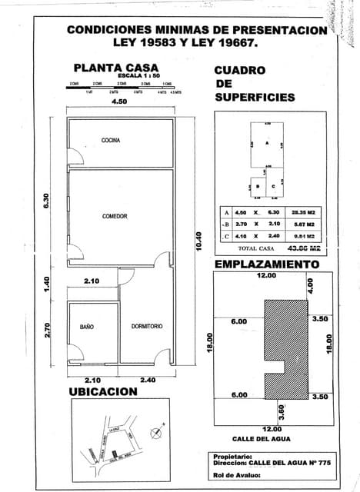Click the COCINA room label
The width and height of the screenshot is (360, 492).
click(x=111, y=140)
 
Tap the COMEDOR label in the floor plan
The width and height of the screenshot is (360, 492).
click(x=115, y=216)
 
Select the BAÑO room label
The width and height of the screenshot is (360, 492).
click(x=86, y=327)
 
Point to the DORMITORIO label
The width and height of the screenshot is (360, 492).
click(x=146, y=327)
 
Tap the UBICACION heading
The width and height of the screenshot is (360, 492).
click(x=104, y=391)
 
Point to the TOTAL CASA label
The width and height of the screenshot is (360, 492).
click(x=256, y=249)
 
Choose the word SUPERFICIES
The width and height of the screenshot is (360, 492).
click(x=255, y=98)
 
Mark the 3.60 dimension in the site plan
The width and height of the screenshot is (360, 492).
click(x=282, y=411)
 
